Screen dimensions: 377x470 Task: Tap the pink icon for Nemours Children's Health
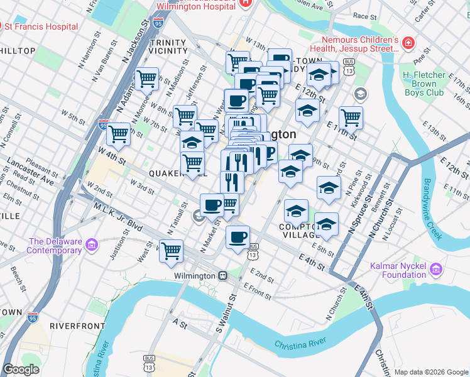[408, 43]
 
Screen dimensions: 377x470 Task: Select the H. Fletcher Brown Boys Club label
[432, 84]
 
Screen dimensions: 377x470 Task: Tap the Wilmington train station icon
[222, 276]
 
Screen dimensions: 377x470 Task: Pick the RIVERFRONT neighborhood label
[77, 326]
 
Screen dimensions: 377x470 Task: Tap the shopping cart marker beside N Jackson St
[146, 79]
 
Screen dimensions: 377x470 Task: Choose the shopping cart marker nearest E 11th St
[351, 117]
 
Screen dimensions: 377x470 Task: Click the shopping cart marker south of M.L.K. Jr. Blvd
[171, 251]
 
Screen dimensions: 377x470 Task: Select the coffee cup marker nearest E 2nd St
[238, 237]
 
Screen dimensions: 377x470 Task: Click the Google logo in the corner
[21, 369]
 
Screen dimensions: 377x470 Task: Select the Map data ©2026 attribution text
[430, 372]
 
